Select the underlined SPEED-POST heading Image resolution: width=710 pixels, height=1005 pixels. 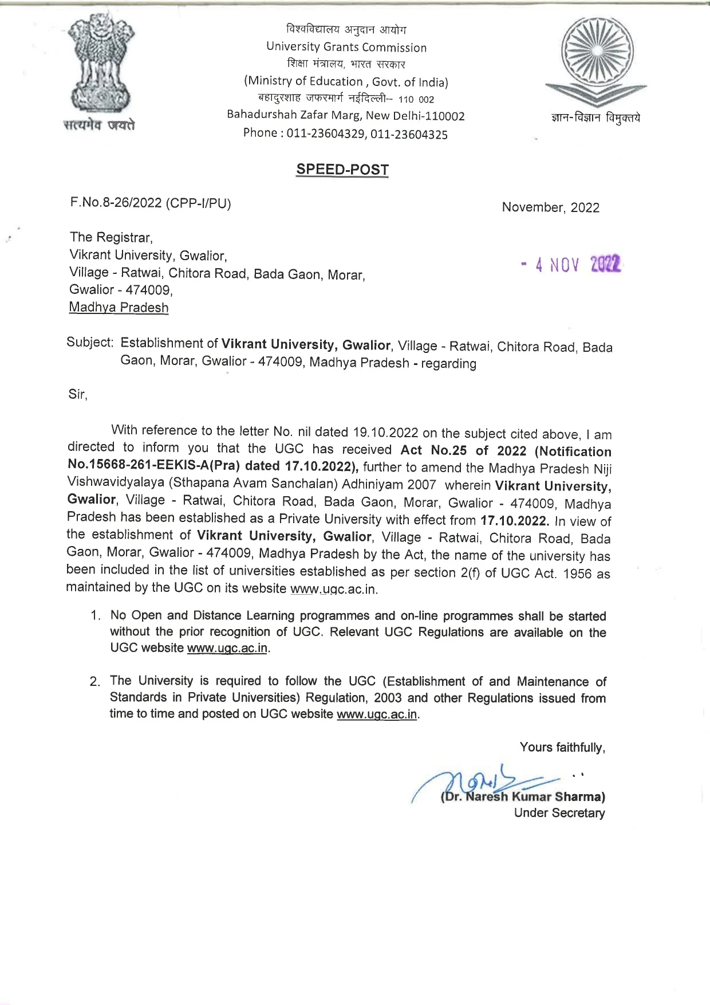342,170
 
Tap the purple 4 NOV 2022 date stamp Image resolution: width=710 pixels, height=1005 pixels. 571,265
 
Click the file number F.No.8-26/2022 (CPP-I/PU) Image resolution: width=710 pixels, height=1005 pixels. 150,203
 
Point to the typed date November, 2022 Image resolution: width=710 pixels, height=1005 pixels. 550,207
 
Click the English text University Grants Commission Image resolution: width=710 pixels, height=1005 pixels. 346,47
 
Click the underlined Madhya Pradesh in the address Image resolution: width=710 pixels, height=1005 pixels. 119,308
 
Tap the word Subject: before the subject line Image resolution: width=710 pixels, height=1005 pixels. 90,343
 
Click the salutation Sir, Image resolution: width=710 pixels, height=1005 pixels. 78,395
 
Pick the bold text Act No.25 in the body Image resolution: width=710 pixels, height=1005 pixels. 433,450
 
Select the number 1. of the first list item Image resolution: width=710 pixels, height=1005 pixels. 96,616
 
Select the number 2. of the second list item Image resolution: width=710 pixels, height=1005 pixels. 95,682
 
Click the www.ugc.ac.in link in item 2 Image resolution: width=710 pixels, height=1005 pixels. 377,715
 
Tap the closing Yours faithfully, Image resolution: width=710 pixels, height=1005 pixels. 562,747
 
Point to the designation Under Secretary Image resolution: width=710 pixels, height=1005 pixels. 559,813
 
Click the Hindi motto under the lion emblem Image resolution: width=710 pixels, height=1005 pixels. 99,124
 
